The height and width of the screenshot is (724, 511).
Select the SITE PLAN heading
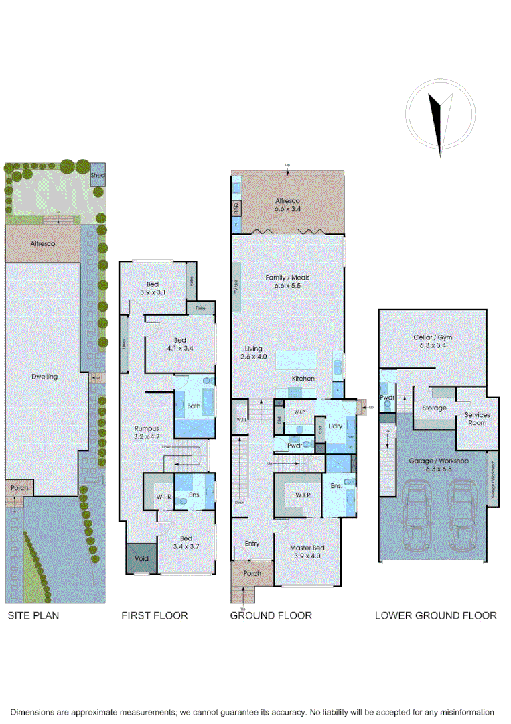(x=33, y=615)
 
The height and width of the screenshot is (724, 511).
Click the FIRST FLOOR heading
(x=155, y=615)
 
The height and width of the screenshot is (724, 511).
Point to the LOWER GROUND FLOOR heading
(x=435, y=615)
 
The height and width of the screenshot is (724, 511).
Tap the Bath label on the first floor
(x=194, y=406)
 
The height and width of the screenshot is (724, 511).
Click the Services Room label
(x=478, y=418)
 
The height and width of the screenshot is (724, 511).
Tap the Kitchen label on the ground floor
(x=303, y=379)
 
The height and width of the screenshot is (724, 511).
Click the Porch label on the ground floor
(x=252, y=573)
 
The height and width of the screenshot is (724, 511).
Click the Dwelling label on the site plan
(x=45, y=377)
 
